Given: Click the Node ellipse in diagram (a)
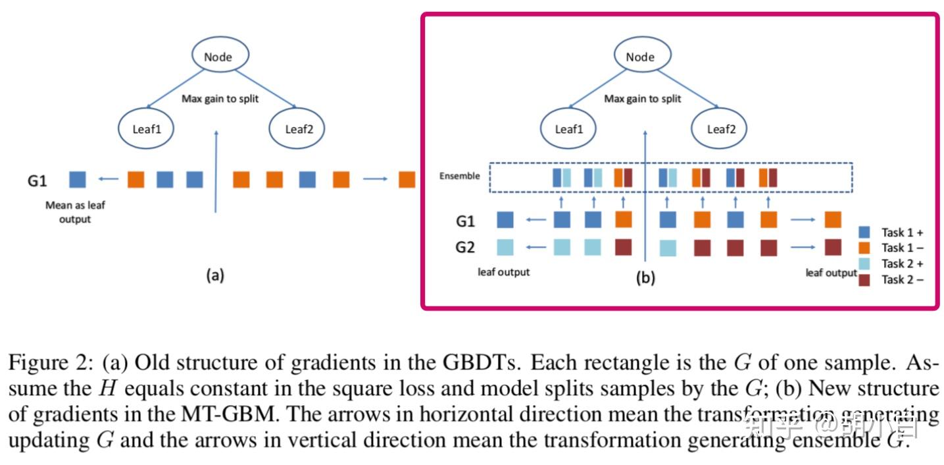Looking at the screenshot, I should (x=218, y=57).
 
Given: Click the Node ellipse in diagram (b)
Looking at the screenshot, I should (x=639, y=57).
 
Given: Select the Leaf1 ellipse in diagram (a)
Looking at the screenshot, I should (x=146, y=128).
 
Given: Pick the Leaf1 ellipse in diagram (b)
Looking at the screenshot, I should (x=569, y=128).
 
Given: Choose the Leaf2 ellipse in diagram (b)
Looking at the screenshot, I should (x=720, y=128).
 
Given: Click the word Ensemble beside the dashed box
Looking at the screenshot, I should (x=460, y=176).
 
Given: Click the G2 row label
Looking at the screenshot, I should (x=466, y=248).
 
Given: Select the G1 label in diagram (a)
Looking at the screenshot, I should (x=37, y=180).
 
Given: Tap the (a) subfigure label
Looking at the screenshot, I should (x=214, y=276).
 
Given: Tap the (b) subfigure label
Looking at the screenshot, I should (x=645, y=279).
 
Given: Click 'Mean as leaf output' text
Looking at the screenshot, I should (x=75, y=212).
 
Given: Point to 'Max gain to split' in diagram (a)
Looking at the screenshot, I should (x=220, y=99).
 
